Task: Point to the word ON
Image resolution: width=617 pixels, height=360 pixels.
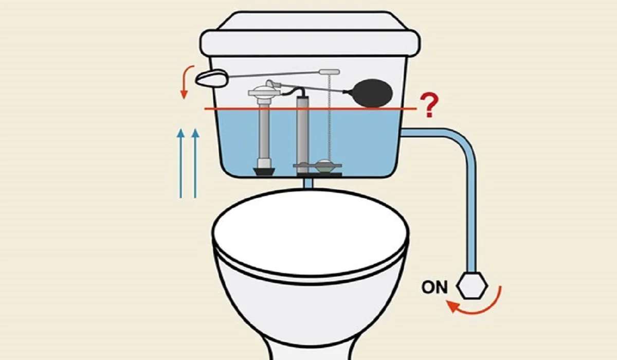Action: click(435, 287)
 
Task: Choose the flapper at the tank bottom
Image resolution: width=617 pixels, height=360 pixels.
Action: click(324, 167)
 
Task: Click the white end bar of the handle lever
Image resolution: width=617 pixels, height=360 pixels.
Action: click(329, 71)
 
